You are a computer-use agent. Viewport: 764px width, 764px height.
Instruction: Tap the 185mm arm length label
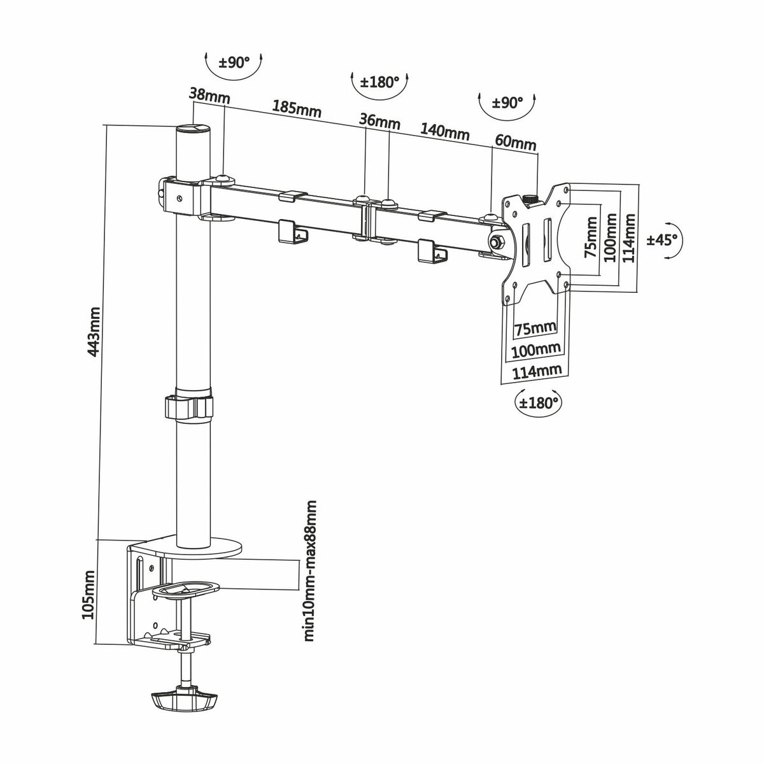(297, 108)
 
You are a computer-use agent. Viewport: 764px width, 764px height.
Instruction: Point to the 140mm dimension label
(444, 132)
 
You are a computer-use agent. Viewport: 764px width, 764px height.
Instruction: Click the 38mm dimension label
(209, 96)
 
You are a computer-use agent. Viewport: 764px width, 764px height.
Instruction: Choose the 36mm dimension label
(379, 120)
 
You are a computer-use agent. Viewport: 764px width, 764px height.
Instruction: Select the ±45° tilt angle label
(663, 240)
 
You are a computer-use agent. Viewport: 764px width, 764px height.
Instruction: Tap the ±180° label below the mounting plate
(539, 403)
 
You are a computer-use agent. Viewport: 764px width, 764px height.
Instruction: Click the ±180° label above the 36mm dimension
(379, 82)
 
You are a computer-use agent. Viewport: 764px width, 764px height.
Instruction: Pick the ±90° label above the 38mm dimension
(234, 63)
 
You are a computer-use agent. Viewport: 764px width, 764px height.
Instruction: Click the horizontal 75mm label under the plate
(535, 329)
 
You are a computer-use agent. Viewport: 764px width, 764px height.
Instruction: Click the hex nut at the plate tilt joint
(496, 242)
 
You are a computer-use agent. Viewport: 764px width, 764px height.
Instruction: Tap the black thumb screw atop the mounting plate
(530, 199)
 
